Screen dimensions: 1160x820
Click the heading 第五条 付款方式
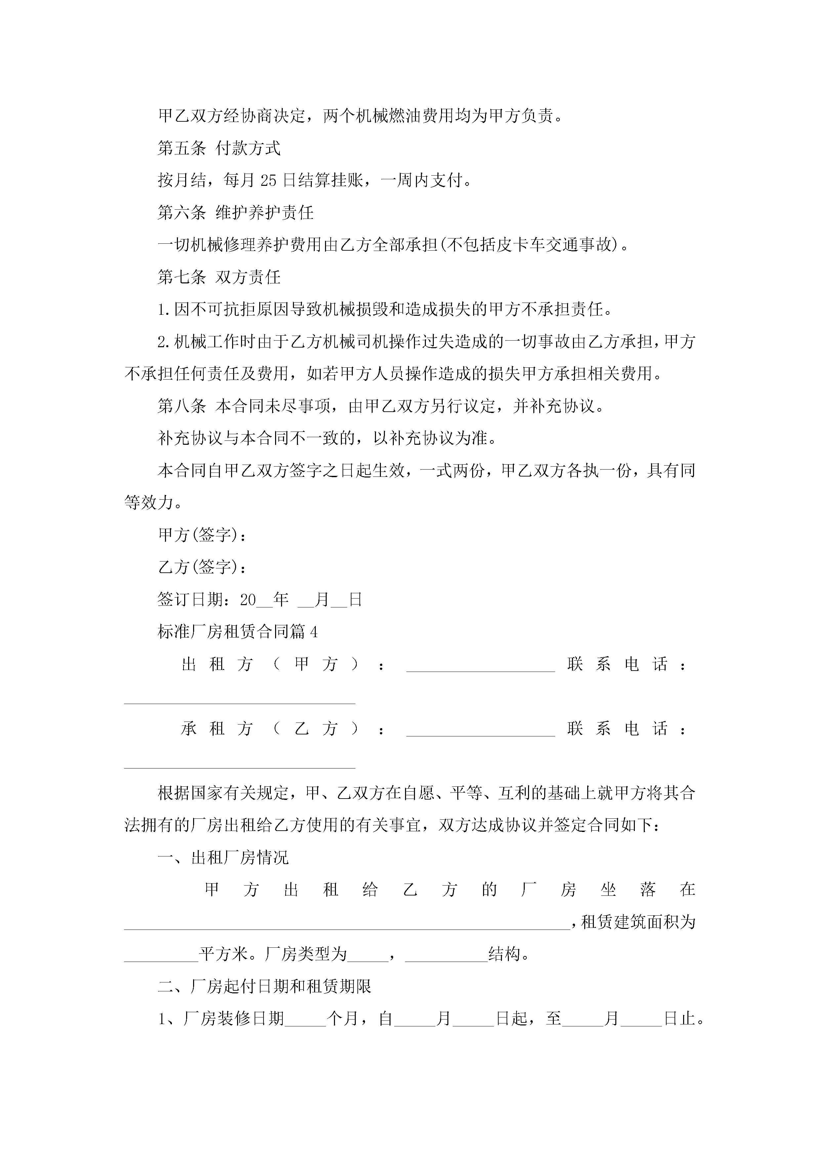219,148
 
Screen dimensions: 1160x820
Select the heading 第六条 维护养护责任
235,213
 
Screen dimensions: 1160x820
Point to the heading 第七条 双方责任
219,277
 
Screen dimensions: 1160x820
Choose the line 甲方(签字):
202,535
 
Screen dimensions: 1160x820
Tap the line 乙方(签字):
202,567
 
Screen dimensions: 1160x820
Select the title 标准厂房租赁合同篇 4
237,632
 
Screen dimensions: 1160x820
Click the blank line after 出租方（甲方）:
480,666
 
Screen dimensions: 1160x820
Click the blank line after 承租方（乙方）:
480,730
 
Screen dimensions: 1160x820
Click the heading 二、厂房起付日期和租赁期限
264,986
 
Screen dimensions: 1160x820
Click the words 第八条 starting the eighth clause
182,406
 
